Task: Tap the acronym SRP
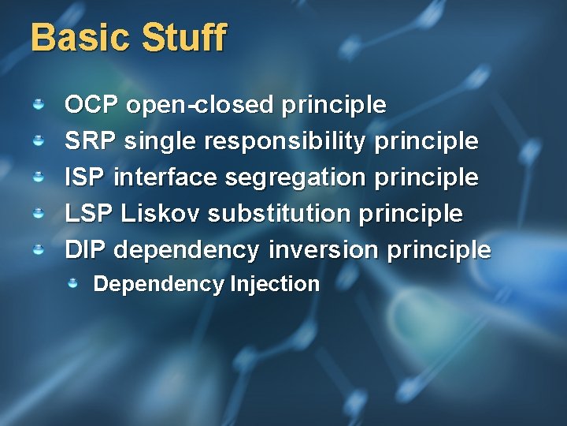tap(91, 141)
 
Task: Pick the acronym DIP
tap(85, 250)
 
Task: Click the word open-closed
tap(199, 105)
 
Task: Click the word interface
tap(166, 177)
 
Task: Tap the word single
tap(161, 142)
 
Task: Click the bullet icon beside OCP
tap(38, 104)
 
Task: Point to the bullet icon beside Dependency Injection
tap(72, 283)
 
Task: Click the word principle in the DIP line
tap(438, 251)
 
